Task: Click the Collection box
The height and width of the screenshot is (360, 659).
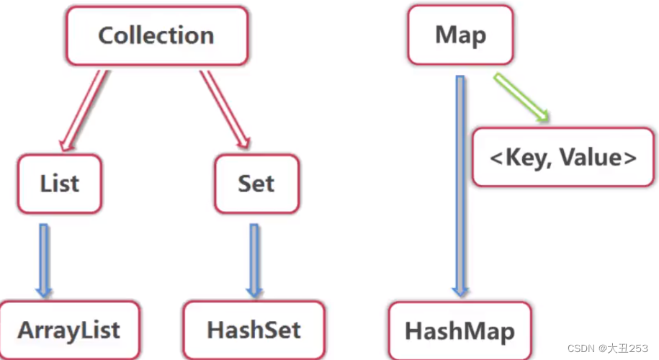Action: coord(156,36)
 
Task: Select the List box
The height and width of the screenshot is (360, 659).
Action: coord(60,183)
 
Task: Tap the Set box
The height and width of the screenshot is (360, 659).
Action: coord(256,183)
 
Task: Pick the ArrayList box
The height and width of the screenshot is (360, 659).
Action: coord(69,330)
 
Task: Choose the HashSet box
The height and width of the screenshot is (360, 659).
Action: coord(254,330)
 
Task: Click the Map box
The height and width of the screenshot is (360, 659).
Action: coord(461,35)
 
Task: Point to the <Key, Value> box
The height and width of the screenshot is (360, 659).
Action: coord(562,158)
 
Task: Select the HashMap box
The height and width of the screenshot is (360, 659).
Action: coord(459,331)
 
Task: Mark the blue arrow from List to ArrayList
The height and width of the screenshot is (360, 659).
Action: coord(44,259)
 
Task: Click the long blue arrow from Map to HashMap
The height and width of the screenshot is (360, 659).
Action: coord(460,180)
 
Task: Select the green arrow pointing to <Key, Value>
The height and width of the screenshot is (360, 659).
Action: coord(521,97)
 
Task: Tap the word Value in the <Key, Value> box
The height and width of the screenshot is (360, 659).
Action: coord(596,158)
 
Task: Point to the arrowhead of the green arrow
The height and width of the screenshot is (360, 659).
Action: coord(542,115)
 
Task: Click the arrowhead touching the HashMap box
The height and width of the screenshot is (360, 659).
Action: coord(460,290)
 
